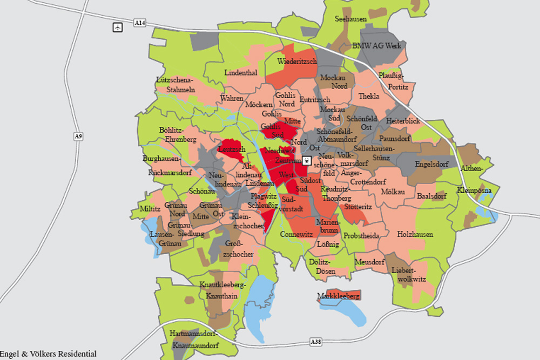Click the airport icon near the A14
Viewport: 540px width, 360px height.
(117, 27)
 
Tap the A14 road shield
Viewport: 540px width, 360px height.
(139, 23)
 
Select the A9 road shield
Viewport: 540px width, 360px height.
(79, 137)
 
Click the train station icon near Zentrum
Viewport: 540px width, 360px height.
(306, 160)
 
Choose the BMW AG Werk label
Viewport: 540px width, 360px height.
(376, 46)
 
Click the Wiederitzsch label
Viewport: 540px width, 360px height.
(296, 62)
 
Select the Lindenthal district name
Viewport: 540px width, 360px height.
(240, 72)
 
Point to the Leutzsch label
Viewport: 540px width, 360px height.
(232, 149)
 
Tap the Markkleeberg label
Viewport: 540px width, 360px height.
(338, 296)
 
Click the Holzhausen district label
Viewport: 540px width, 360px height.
(415, 234)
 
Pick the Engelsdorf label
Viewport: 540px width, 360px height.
(431, 164)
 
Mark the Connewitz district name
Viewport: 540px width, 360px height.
(296, 235)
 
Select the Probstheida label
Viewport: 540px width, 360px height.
(361, 236)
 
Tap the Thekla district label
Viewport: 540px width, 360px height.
(369, 96)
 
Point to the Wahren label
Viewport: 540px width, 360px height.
(232, 98)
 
